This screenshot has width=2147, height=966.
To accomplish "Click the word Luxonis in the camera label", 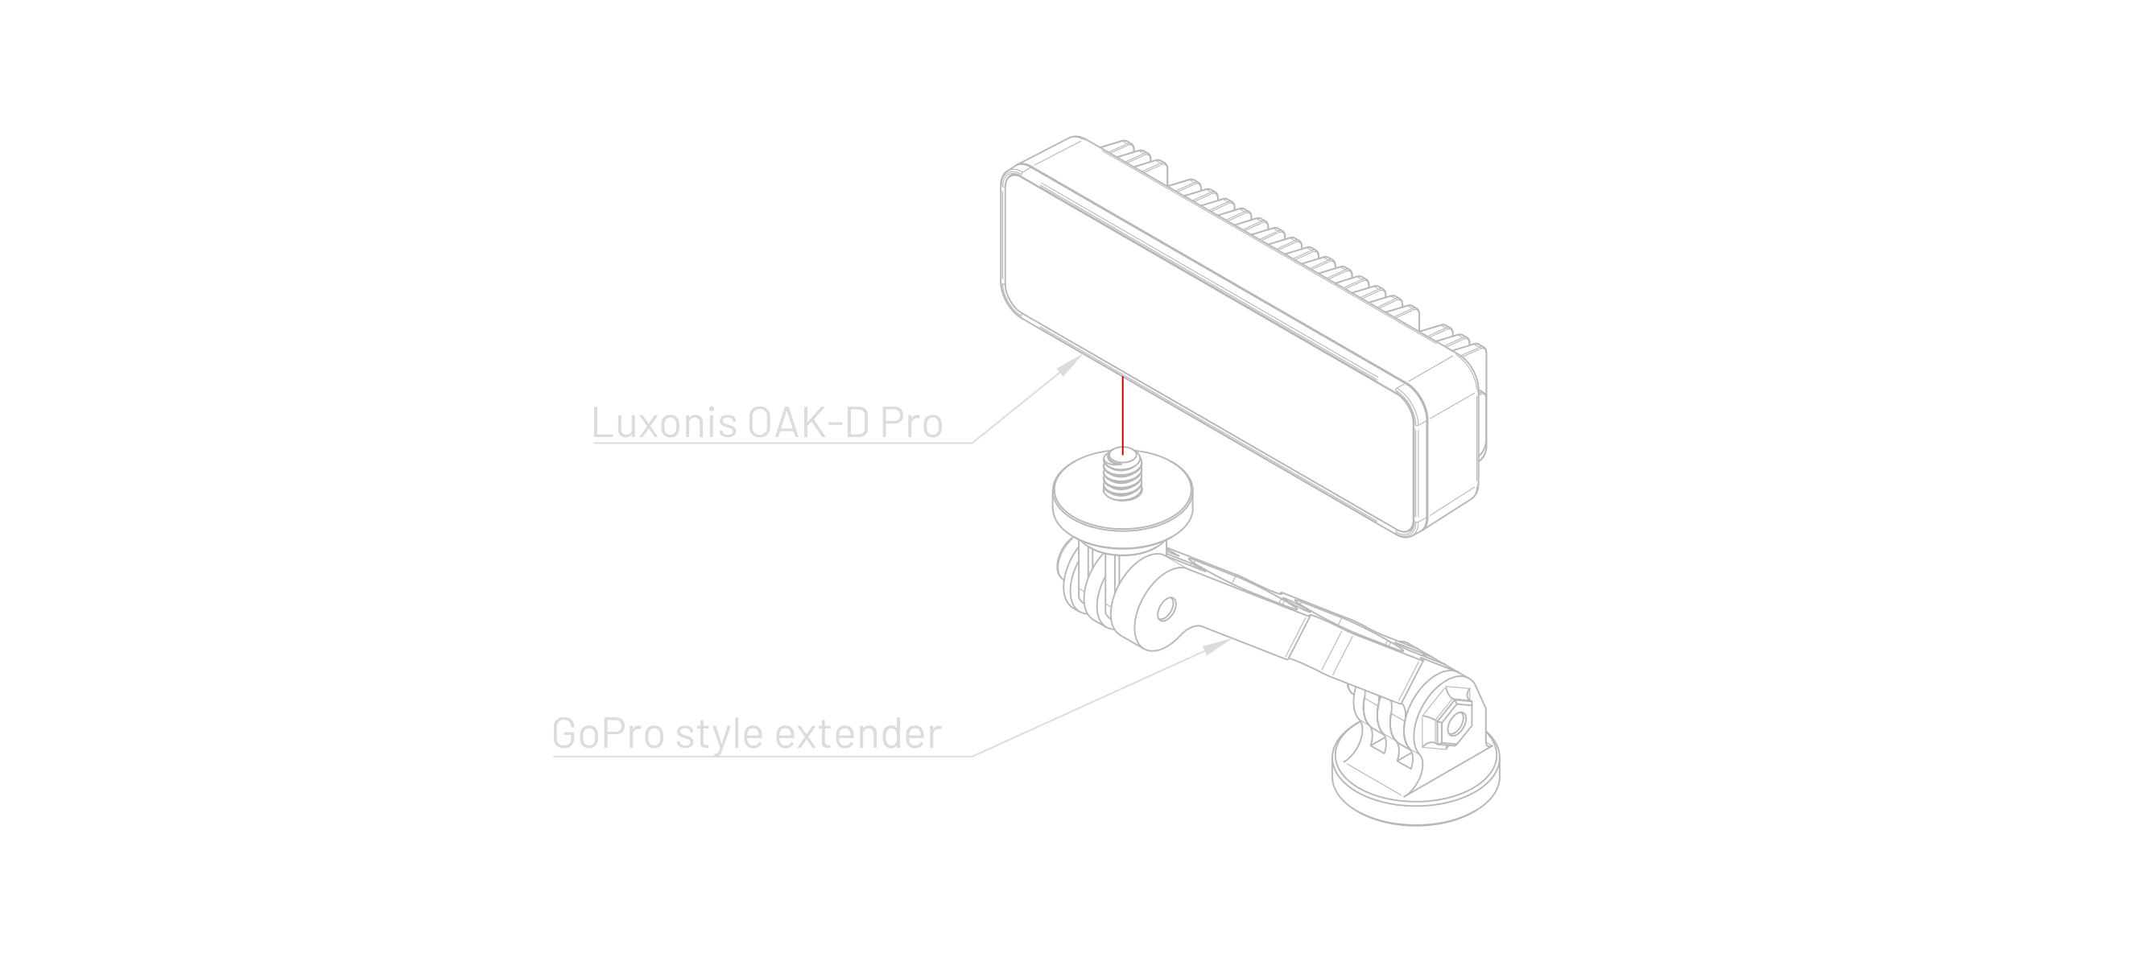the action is point(665,423).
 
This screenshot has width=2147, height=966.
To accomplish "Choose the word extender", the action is point(858,733).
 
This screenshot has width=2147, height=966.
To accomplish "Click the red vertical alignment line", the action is point(1123,415).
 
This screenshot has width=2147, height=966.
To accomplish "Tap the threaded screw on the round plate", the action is point(1123,476).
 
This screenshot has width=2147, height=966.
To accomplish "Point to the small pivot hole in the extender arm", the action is point(1166,609).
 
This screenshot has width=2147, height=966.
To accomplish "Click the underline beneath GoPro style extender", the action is point(762,757).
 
